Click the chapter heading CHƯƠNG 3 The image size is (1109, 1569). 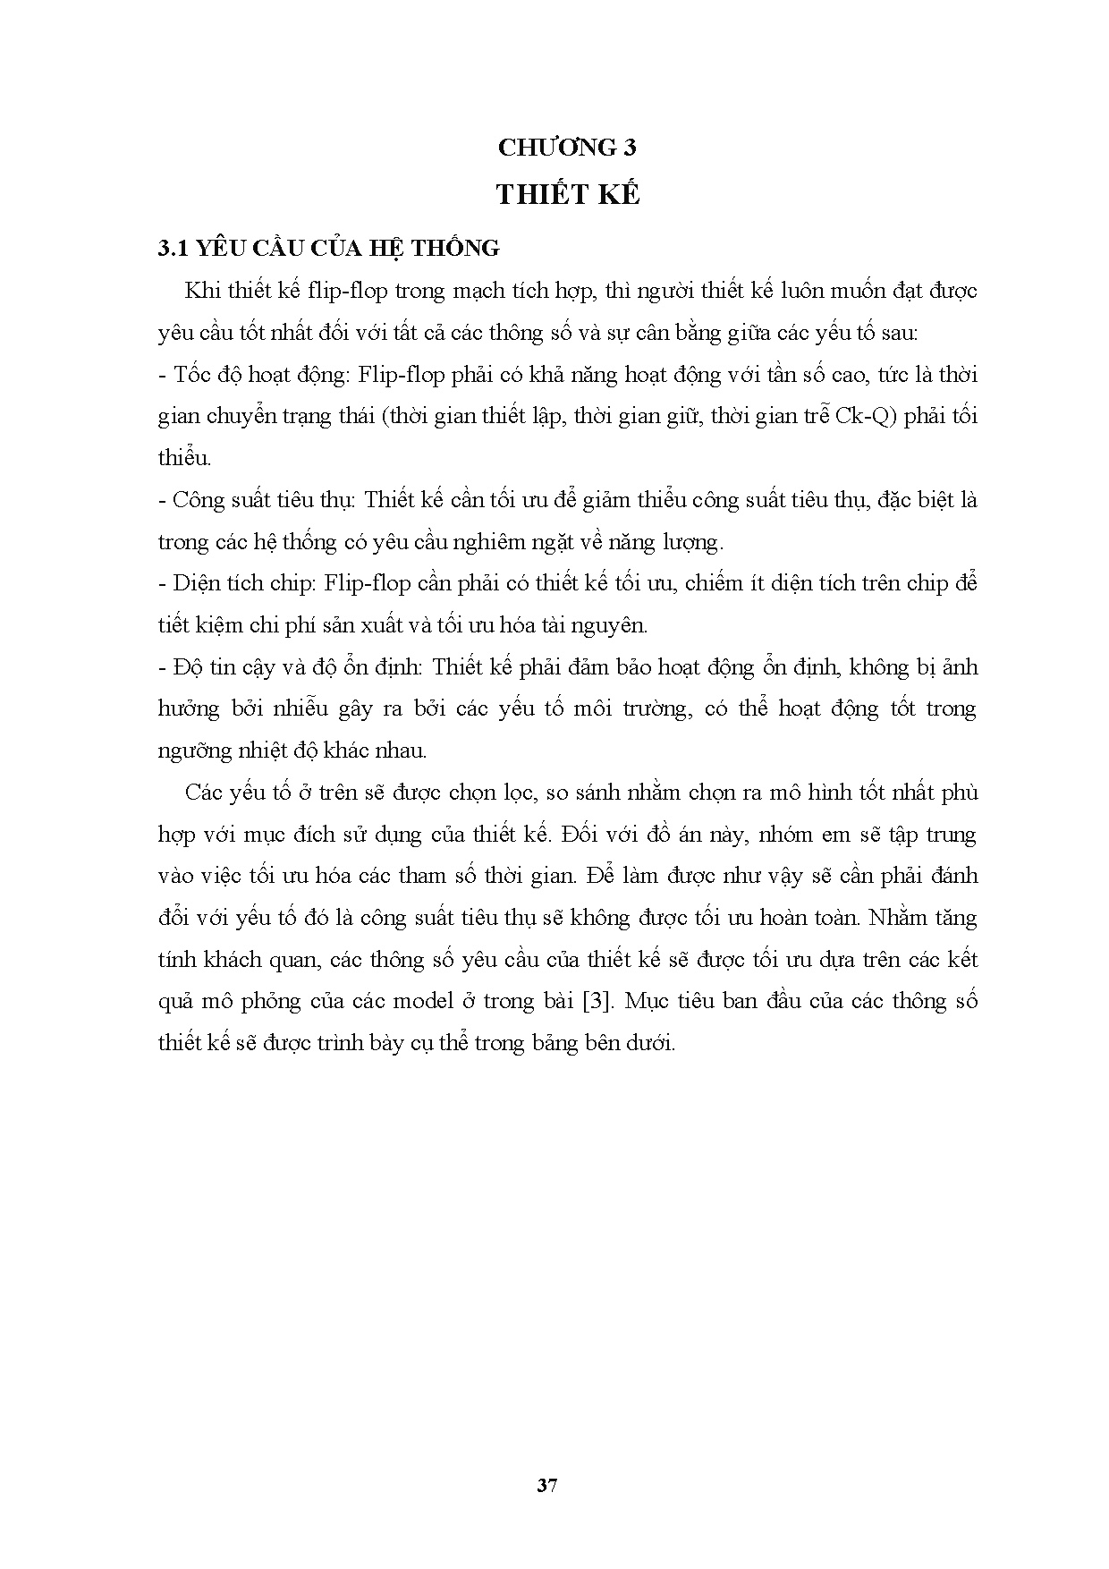(567, 148)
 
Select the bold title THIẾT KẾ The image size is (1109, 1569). (568, 195)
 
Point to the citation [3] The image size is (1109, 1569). (597, 1000)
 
